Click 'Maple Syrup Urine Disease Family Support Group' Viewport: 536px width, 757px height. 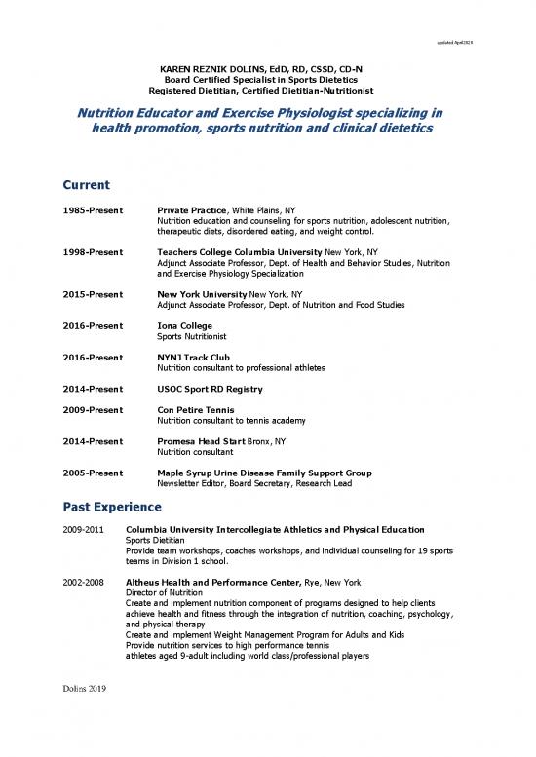click(x=263, y=473)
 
